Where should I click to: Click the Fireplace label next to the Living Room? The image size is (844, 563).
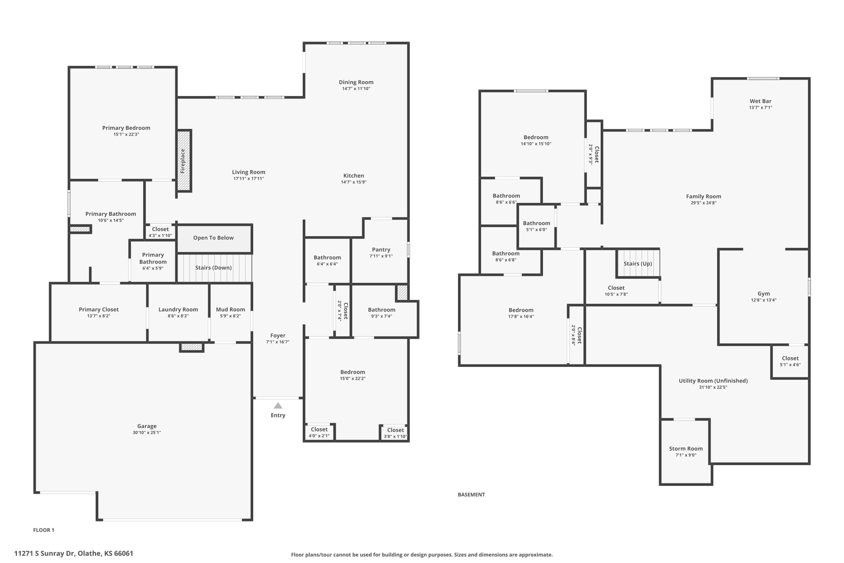(183, 161)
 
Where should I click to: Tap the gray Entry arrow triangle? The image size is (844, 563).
(278, 406)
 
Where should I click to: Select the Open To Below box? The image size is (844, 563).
(214, 239)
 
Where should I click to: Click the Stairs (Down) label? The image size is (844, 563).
(214, 267)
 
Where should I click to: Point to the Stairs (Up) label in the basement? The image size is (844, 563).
(638, 264)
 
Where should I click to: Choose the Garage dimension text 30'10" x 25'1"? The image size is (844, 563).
(147, 432)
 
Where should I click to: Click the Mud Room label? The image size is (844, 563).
(230, 309)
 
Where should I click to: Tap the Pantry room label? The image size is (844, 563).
(381, 250)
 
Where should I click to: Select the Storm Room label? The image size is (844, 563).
(686, 449)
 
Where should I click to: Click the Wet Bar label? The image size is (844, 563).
(760, 101)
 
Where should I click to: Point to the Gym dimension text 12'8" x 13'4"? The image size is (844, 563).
(764, 300)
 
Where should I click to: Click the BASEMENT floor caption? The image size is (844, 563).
(471, 494)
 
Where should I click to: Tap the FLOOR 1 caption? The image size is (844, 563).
(44, 530)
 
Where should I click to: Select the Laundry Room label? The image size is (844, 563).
(178, 309)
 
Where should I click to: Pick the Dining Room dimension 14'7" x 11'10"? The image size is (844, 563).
(356, 89)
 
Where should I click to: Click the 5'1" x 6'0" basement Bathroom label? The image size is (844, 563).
(536, 226)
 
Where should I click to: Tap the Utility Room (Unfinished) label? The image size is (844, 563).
(713, 381)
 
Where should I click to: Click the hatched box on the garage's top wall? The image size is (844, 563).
(192, 347)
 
